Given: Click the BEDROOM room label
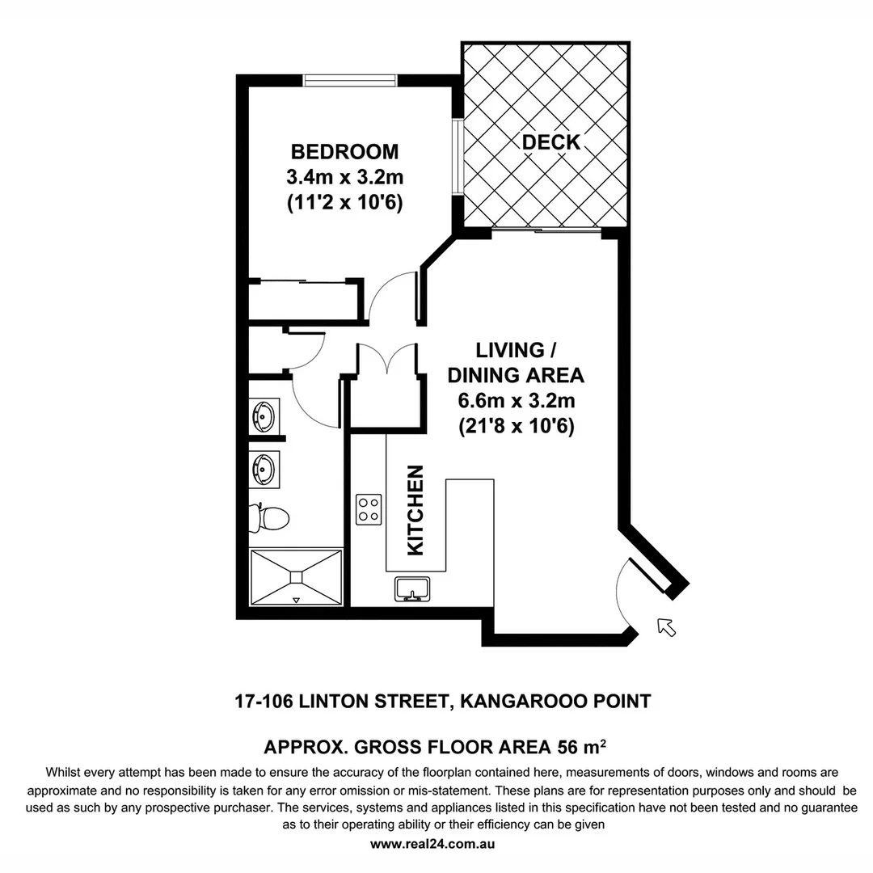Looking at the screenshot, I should pyautogui.click(x=344, y=152).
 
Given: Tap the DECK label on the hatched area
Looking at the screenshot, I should pyautogui.click(x=550, y=142).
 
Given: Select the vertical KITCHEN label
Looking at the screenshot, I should pyautogui.click(x=415, y=510).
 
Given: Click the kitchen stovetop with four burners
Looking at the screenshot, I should pyautogui.click(x=369, y=509).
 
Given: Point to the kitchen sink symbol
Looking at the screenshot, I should pyautogui.click(x=412, y=589).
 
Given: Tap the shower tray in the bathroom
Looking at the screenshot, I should pyautogui.click(x=296, y=576).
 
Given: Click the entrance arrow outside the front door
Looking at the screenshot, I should pyautogui.click(x=665, y=626).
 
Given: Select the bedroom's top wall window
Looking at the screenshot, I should pyautogui.click(x=349, y=79).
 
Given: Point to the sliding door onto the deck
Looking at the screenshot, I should pyautogui.click(x=546, y=233).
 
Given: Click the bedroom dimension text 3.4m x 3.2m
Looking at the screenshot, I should pyautogui.click(x=344, y=178).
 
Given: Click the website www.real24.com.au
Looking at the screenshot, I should pyautogui.click(x=432, y=843).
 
